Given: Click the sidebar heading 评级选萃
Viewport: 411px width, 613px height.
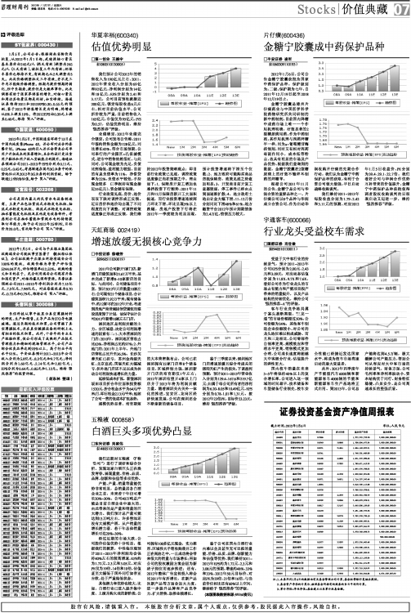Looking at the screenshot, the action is [20, 34].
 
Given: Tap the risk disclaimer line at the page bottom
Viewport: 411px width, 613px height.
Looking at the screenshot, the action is [205, 606].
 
